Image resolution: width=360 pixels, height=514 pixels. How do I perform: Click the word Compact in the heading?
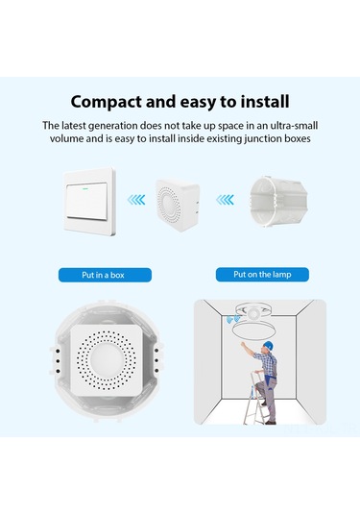coord(108,101)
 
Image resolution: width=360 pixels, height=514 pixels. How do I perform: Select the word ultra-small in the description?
coord(290,125)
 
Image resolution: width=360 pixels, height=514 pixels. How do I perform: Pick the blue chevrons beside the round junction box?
coord(224,200)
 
